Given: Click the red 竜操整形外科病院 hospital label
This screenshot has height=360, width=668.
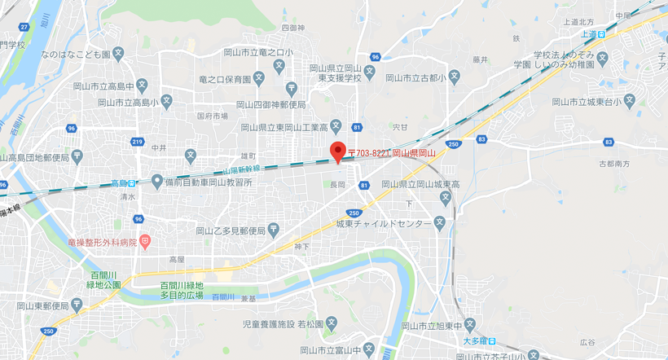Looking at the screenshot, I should (103, 242).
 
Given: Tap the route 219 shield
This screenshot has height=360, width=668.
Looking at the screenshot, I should (136, 142).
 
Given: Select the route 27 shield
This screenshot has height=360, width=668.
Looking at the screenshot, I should (24, 27).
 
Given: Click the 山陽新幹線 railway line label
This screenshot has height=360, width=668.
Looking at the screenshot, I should (241, 169).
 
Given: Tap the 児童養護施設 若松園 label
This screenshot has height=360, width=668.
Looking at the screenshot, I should (283, 323).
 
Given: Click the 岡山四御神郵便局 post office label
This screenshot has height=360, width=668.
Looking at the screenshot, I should (270, 104).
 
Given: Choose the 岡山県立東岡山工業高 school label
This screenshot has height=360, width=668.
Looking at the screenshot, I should (284, 126).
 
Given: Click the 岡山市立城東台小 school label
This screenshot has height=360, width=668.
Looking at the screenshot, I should (587, 102).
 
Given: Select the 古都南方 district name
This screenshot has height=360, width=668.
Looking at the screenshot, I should (616, 164).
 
